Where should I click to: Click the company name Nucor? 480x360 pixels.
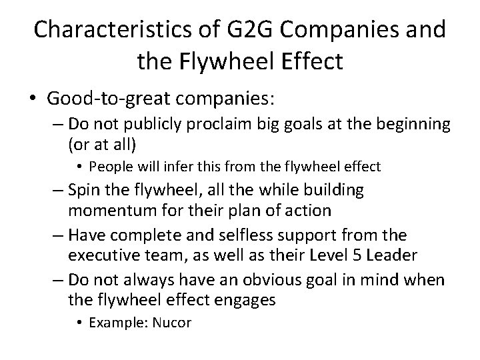[171, 323]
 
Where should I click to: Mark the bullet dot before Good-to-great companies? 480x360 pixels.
[33, 99]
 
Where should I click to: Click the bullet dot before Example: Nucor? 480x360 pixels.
[79, 323]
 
